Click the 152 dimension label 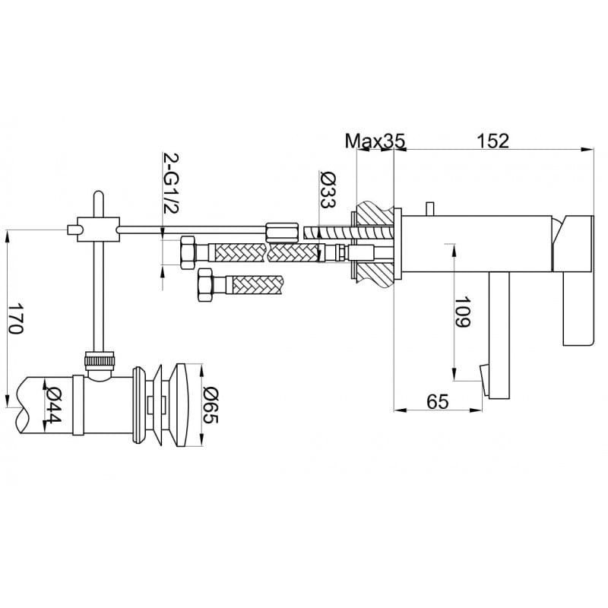click(492, 141)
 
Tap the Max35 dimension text click(375, 141)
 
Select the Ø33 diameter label click(328, 189)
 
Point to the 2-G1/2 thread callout click(171, 183)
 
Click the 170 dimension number click(16, 318)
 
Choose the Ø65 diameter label click(211, 405)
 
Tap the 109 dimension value click(462, 312)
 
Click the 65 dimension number click(438, 401)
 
